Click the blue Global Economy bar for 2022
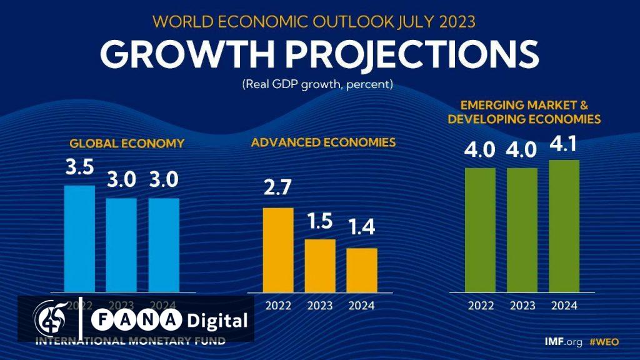pos(80,237)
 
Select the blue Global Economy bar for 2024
pos(164,244)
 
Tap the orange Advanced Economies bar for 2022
pos(278,249)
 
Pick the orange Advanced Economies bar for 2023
pos(320,265)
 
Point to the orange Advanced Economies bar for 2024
pos(362,269)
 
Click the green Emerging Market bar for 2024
pos(564,225)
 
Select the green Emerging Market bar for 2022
pos(480,229)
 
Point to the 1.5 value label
pos(320,223)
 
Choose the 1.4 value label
pos(362,227)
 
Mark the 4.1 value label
pos(564,146)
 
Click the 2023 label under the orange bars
pos(320,306)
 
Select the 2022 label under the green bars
pos(480,306)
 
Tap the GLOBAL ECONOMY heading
pos(127,143)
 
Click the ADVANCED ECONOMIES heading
pos(323,142)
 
